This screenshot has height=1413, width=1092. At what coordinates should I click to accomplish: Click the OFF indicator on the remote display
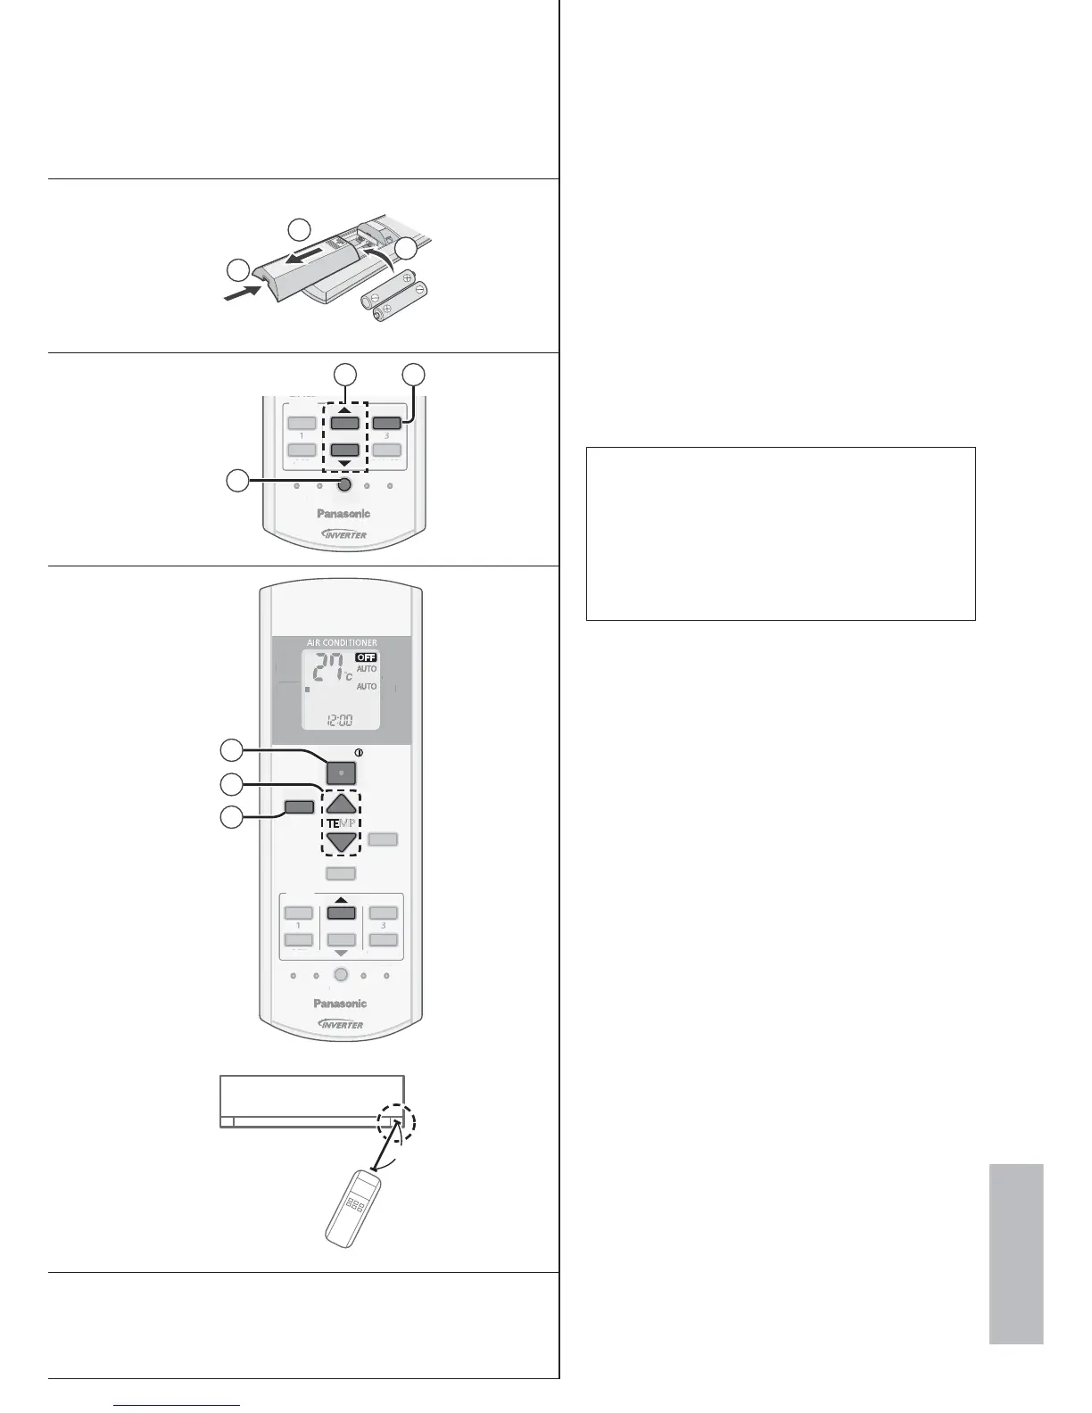point(366,657)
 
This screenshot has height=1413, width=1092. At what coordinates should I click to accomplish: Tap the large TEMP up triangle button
point(341,805)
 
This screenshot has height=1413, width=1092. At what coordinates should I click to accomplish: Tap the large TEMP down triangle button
point(341,842)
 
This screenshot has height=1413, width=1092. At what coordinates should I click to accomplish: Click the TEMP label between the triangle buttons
point(341,823)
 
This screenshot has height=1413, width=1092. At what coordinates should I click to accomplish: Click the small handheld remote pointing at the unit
point(353,1209)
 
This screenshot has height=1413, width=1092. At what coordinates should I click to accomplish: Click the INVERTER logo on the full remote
point(341,1024)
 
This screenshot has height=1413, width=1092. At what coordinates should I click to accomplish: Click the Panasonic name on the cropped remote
point(343,513)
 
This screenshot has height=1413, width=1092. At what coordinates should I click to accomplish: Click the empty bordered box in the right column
point(780,533)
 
